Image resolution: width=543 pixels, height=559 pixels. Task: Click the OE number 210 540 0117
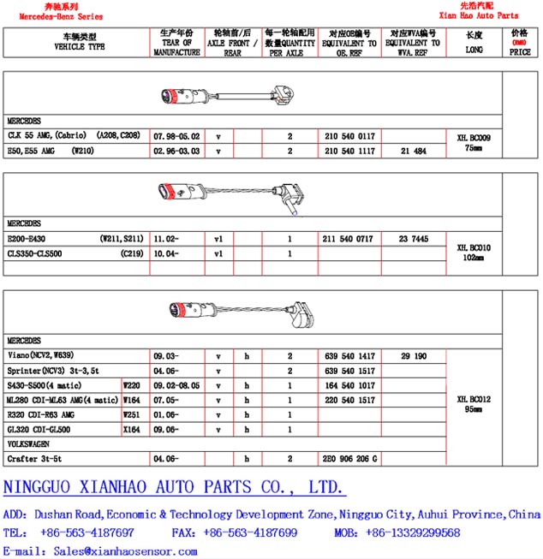tap(349, 136)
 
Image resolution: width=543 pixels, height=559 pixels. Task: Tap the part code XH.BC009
tap(473, 137)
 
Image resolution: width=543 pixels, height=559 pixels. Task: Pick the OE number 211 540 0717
tap(349, 240)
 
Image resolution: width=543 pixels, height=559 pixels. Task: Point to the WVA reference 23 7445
tap(413, 240)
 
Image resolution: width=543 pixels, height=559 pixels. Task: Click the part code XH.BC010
tap(473, 246)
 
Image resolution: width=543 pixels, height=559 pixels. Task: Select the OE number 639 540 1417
tap(349, 354)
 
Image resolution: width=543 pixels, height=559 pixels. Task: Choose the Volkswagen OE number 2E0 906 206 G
tap(349, 459)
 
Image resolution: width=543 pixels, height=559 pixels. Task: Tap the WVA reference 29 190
tap(413, 354)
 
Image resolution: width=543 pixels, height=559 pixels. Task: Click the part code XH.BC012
tap(473, 399)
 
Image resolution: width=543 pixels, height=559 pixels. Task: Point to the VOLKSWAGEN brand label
tap(29, 444)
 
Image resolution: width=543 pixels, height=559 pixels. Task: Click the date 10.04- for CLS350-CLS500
tap(166, 254)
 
